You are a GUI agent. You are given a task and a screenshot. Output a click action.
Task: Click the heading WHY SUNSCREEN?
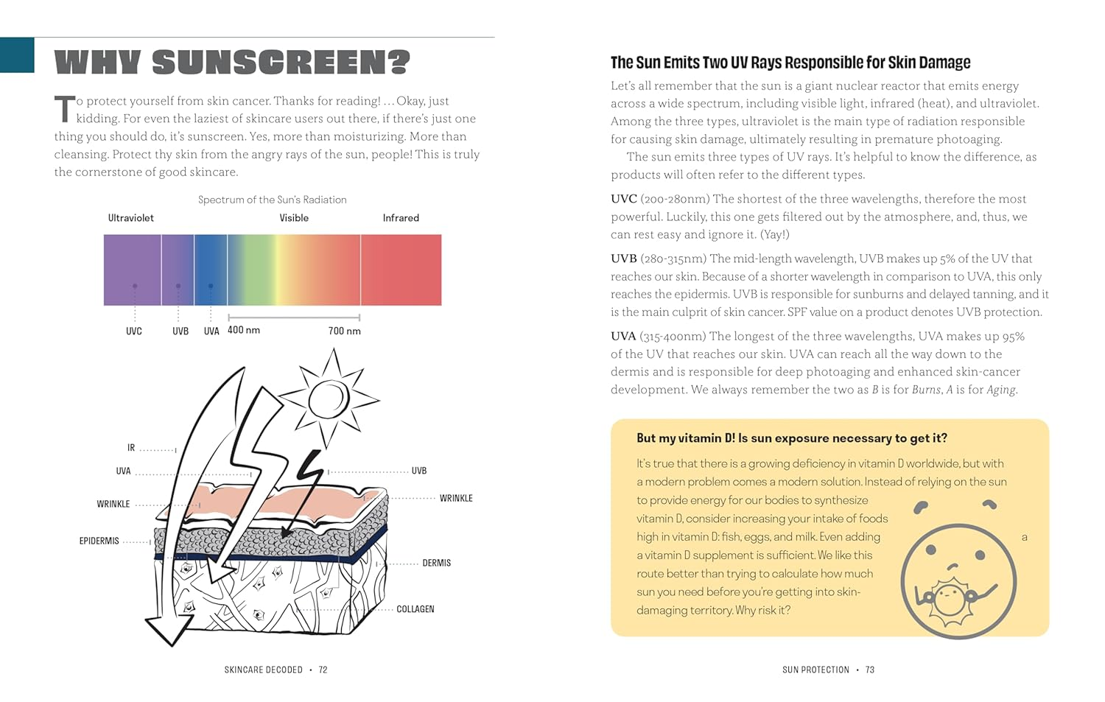point(232,63)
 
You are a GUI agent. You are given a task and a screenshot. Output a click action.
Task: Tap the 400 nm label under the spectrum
point(244,330)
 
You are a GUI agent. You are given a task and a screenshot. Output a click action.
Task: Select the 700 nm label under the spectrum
point(344,331)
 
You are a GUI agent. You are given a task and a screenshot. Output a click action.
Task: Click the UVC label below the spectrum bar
point(134,331)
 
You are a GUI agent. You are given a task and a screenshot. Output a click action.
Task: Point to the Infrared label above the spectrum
point(401,218)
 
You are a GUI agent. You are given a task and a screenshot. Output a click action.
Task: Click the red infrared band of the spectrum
point(401,270)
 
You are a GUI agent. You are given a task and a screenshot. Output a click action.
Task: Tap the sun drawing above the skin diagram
point(329,399)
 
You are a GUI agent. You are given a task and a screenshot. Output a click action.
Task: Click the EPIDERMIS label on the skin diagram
point(99,541)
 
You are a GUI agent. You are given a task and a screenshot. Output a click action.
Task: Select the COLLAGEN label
point(415,609)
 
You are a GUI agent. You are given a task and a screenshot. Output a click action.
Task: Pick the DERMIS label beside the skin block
point(437,563)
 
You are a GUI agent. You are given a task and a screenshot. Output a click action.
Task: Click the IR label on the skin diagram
point(131,448)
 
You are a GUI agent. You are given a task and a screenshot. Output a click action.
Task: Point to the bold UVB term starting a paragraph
point(623,259)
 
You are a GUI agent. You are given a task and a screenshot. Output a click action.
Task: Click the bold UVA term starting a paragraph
point(623,336)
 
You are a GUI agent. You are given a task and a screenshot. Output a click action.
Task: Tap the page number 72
point(323,670)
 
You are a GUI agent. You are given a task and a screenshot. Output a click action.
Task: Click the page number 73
point(870,670)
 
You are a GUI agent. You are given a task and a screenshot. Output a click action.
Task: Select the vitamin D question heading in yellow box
point(792,438)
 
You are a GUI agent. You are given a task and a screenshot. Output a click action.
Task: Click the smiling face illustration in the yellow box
point(958,579)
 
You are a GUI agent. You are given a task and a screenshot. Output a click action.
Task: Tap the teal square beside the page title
point(17,55)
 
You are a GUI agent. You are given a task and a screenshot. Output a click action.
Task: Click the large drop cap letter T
point(64,109)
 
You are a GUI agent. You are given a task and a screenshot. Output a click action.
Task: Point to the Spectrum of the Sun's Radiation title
point(273,200)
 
